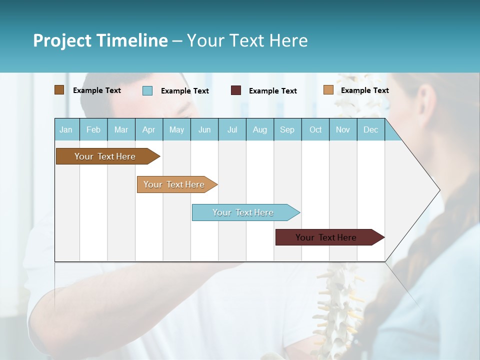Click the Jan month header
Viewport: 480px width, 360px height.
[66, 129]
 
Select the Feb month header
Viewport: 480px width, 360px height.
[93, 129]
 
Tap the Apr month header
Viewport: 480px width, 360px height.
[149, 129]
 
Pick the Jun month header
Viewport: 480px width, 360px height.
[204, 129]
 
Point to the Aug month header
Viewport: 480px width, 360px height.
[260, 129]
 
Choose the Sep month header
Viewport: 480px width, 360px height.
[287, 129]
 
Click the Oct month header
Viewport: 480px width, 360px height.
[315, 129]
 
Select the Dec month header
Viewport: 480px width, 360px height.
[371, 129]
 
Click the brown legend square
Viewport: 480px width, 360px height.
[59, 90]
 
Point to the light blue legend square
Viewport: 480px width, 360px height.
[147, 90]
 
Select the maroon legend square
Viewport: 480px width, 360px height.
[236, 90]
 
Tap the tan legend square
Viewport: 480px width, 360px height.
[328, 90]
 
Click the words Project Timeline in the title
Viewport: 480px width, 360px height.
[100, 40]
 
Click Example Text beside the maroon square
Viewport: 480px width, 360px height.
[273, 91]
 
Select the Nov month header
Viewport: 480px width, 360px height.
[343, 129]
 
